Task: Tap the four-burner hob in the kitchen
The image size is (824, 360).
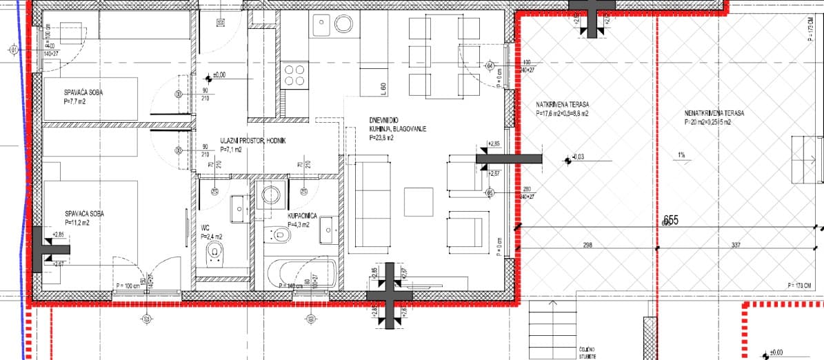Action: coord(294,74)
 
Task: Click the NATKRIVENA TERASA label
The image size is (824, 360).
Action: coord(562,105)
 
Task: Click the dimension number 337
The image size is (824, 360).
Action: coord(736,245)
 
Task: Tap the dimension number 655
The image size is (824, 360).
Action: coord(671,221)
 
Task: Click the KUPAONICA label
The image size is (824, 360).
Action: coord(302,216)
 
